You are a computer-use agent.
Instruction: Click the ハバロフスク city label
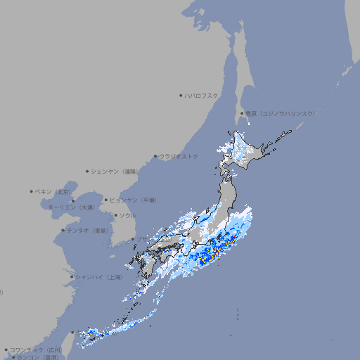tap(202, 95)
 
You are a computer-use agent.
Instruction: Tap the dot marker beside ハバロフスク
tap(181, 95)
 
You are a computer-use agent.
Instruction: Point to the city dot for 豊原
tap(243, 113)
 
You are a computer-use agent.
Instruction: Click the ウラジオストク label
tap(179, 156)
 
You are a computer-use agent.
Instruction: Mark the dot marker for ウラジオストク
tap(155, 156)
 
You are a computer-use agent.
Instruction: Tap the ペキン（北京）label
tap(54, 191)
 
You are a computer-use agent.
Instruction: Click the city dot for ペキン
tap(32, 191)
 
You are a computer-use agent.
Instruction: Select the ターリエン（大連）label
tap(70, 207)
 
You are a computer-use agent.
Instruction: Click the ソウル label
tap(127, 215)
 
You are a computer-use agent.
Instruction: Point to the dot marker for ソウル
tap(115, 215)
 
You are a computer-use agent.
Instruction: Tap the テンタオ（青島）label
tap(88, 230)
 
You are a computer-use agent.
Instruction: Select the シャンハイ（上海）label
tap(98, 277)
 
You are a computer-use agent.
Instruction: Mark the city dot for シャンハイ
tap(72, 277)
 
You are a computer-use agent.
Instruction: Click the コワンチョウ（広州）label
tap(35, 349)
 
